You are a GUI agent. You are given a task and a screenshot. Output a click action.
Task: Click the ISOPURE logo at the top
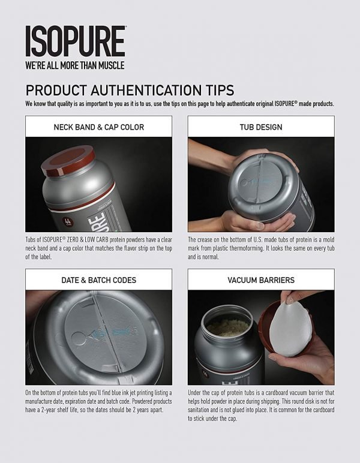pos(76,41)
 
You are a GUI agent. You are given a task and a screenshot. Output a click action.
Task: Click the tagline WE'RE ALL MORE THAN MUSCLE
pos(75,65)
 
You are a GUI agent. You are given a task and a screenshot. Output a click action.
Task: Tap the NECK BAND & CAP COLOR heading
pos(98,127)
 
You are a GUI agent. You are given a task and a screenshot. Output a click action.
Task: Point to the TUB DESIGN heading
pos(261,127)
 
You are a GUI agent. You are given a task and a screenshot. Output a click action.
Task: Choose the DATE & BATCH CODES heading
pos(98,280)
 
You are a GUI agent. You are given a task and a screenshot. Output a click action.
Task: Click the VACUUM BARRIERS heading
pos(261,280)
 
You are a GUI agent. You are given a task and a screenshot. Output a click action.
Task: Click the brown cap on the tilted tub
pos(68,160)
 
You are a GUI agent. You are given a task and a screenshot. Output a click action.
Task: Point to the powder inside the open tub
pos(229,328)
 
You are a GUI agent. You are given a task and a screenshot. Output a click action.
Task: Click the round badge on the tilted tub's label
pos(66,221)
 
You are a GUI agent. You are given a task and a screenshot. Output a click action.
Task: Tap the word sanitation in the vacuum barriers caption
pos(199,410)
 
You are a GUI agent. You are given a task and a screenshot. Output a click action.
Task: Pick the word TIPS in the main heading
pos(220,90)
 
